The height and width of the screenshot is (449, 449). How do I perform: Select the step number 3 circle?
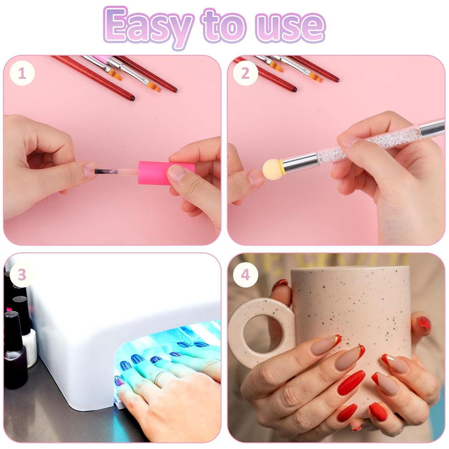22,275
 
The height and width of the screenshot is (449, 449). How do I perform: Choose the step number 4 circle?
246,275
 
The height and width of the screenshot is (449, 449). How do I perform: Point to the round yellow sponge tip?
272,169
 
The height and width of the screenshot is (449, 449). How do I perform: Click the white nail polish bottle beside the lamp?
30,346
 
